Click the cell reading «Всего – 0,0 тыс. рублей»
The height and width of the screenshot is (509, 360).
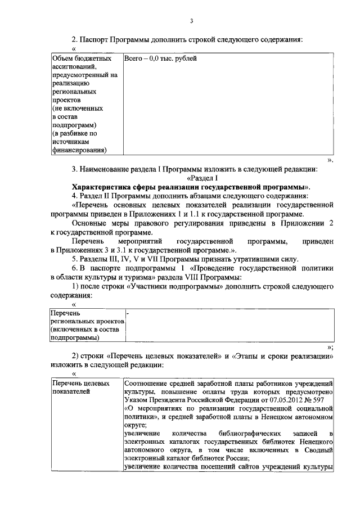pyautogui.click(x=160, y=59)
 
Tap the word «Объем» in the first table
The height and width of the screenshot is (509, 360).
pyautogui.click(x=61, y=59)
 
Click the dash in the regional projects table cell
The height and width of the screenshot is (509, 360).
pyautogui.click(x=128, y=311)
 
